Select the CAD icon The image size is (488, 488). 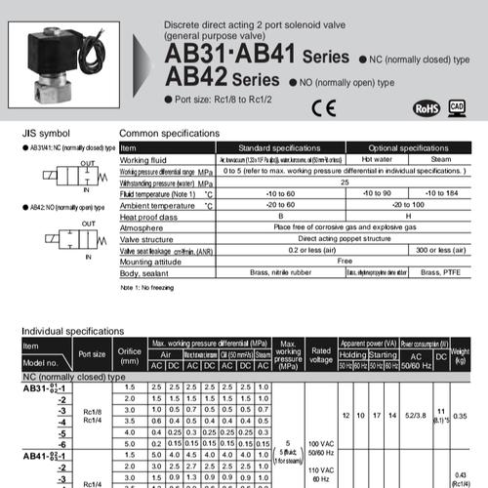[x=457, y=105]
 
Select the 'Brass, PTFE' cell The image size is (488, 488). [x=431, y=272]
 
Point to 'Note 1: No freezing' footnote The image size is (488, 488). [x=152, y=290]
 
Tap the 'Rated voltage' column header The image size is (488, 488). [x=319, y=353]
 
